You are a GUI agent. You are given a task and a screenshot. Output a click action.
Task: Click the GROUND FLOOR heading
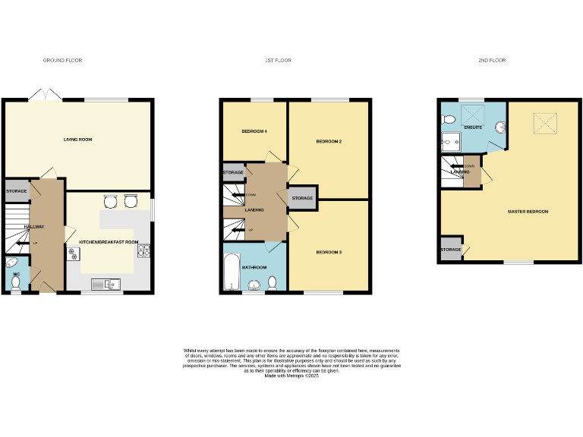pyautogui.click(x=62, y=60)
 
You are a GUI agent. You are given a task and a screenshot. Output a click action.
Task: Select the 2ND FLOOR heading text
pyautogui.click(x=491, y=60)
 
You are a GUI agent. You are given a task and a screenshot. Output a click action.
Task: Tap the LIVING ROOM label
pyautogui.click(x=77, y=140)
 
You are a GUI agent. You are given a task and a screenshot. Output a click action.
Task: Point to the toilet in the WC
pyautogui.click(x=16, y=282)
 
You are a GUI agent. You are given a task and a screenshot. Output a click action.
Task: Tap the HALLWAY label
pyautogui.click(x=35, y=227)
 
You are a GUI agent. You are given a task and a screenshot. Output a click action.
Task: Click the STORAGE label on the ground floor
pyautogui.click(x=17, y=191)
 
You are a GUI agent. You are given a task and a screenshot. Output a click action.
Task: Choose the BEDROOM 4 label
pyautogui.click(x=254, y=132)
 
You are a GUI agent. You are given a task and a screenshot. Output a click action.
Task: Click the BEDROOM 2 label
pyautogui.click(x=329, y=142)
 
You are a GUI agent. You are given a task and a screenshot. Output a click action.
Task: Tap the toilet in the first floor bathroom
pyautogui.click(x=273, y=283)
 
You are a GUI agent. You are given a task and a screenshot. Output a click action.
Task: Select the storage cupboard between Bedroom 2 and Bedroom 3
pyautogui.click(x=302, y=198)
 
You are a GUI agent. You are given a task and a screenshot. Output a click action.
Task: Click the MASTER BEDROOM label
pyautogui.click(x=528, y=211)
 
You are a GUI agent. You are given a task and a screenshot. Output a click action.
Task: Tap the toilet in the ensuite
pyautogui.click(x=449, y=119)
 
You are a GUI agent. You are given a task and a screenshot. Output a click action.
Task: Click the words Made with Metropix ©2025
pyautogui.click(x=291, y=376)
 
